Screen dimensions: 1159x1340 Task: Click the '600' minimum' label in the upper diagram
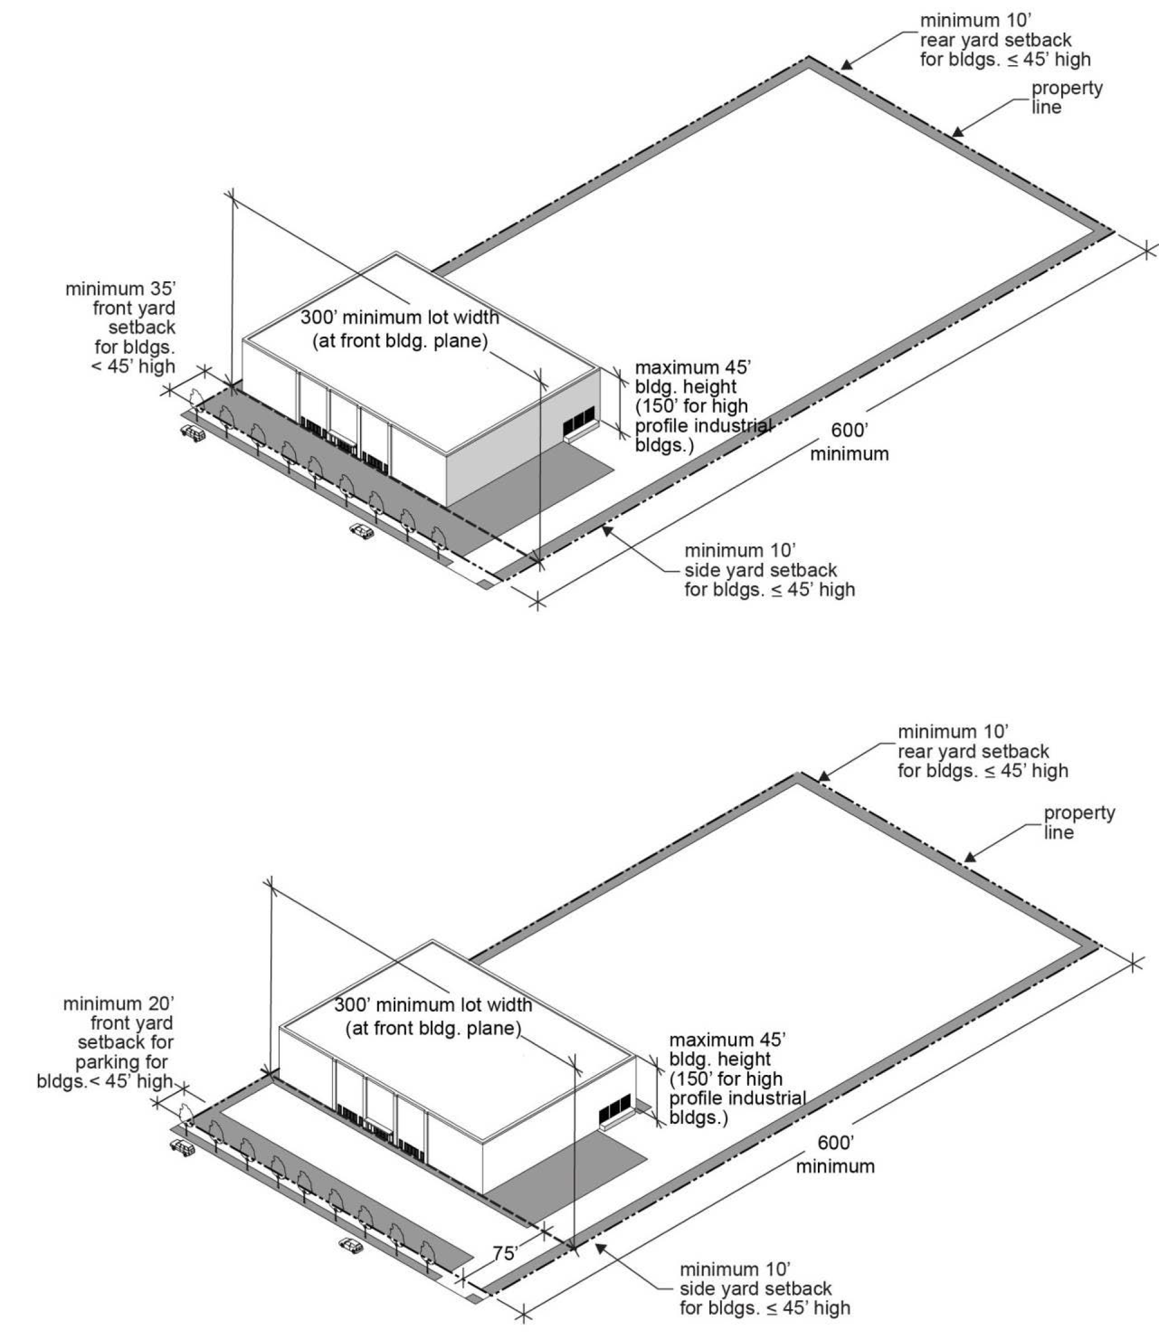point(849,442)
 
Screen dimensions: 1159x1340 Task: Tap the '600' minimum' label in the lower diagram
point(835,1154)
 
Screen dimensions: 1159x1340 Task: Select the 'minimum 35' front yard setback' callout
point(121,327)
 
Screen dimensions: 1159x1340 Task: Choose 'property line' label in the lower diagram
point(1079,822)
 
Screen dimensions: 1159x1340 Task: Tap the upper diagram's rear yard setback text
point(1005,40)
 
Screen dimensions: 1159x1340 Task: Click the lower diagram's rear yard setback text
point(982,751)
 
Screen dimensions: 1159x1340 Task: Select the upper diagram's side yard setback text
point(770,571)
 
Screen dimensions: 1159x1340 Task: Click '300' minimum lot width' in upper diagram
point(400,328)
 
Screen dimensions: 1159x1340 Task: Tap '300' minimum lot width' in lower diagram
point(433,1016)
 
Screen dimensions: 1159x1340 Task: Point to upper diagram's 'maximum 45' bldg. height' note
point(702,406)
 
